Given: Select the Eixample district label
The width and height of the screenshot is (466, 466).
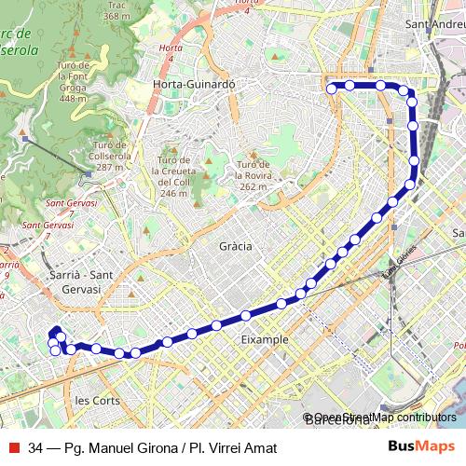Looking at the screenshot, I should point(265,340).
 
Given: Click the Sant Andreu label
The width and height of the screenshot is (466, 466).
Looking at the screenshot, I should point(435,22).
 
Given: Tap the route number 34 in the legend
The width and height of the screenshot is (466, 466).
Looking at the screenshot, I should point(36,447).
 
